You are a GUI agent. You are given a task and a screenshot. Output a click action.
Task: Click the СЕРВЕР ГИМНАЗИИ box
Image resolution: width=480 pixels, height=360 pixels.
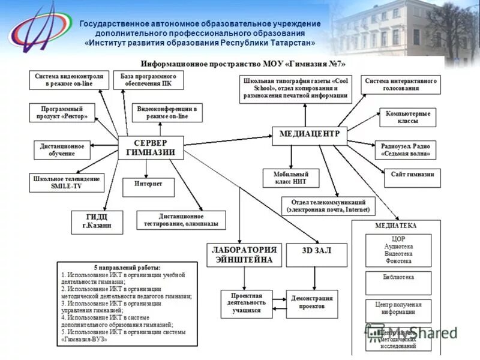[151, 148]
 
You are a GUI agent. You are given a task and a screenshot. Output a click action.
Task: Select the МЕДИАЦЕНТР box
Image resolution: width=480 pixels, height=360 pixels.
[310, 134]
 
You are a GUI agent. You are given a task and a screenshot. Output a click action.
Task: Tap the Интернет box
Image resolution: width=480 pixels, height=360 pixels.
[148, 187]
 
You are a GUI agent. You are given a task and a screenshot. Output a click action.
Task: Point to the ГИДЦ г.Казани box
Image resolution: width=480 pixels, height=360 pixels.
[97, 222]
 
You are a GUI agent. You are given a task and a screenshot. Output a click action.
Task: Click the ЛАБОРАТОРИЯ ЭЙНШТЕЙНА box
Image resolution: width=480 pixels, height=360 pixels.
[244, 254]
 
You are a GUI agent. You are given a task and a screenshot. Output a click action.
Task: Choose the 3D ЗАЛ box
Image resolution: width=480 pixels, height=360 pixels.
[316, 254]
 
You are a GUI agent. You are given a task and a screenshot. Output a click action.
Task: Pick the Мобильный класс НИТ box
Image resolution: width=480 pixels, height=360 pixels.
[291, 178]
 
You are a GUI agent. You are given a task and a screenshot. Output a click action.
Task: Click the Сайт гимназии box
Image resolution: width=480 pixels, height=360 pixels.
[412, 178]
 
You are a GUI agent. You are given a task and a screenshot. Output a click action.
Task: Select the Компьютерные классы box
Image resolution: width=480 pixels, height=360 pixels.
[407, 118]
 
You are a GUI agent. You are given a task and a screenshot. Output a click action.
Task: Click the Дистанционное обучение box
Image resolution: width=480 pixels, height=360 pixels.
[62, 149]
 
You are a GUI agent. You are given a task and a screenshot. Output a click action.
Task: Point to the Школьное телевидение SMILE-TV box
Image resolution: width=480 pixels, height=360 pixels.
[66, 182]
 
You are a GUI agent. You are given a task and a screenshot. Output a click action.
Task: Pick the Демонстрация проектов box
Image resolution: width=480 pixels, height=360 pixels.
[311, 304]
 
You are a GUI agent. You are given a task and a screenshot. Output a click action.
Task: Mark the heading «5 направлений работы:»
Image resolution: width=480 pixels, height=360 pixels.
[127, 267]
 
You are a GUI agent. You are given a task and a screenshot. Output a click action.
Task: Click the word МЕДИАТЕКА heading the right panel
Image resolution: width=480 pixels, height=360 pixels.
[395, 226]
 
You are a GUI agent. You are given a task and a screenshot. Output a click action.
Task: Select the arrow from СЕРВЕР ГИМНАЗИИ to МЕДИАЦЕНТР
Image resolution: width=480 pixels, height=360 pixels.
[228, 140]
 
